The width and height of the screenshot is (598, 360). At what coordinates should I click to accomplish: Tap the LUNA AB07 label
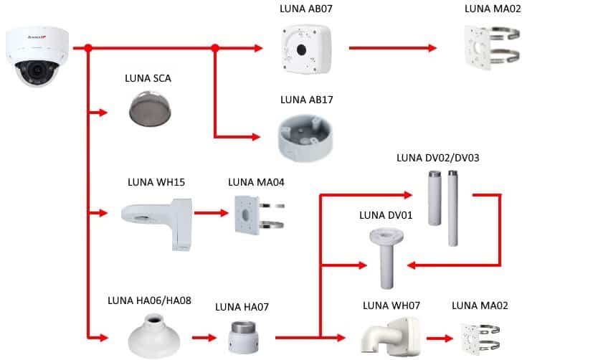click(306, 9)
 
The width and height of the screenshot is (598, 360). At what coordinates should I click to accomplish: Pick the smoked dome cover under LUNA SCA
click(147, 110)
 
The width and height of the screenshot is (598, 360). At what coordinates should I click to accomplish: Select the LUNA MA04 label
click(256, 182)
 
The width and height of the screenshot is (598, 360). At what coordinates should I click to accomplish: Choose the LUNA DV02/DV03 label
click(438, 158)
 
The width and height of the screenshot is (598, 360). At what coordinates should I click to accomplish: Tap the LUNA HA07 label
click(242, 307)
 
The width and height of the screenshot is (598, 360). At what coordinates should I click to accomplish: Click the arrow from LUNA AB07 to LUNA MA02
click(392, 49)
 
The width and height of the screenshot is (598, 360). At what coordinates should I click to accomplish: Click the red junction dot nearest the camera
click(87, 49)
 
